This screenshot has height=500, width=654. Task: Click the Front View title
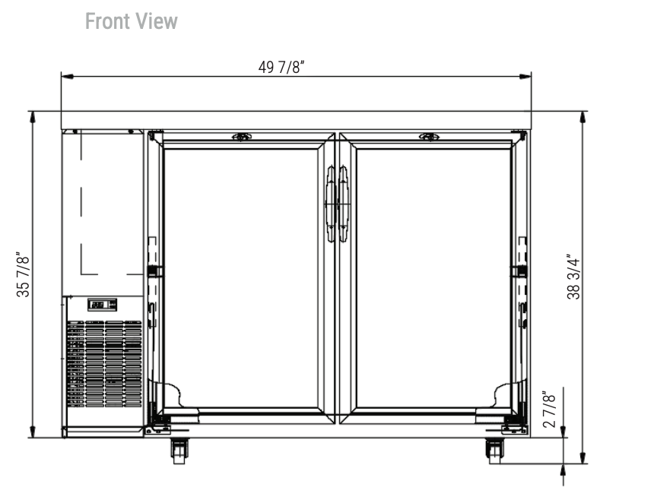pos(132,21)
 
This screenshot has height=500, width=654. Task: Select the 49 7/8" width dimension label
pos(281,67)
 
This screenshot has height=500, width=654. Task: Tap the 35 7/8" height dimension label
pos(24,274)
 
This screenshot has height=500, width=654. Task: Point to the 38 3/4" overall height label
pos(573,277)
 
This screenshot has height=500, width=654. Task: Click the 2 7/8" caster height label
pos(549,409)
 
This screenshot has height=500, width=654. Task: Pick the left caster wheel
pos(179,451)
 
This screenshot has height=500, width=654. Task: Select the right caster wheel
pos(494,451)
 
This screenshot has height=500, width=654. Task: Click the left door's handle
pos(330,204)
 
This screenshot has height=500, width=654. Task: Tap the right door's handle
pos(343,204)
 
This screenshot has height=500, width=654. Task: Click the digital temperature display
pos(102,305)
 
